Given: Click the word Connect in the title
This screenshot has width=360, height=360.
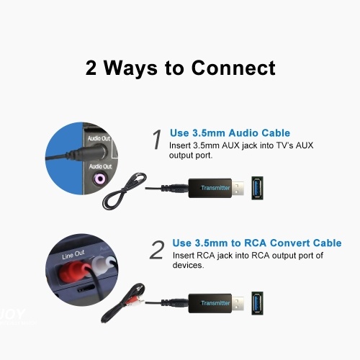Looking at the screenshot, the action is [233, 68].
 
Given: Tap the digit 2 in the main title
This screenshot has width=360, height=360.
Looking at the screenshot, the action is [91, 68].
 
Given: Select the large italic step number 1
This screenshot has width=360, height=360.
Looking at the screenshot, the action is [157, 139].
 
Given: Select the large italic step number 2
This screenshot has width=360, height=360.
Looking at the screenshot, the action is [157, 250].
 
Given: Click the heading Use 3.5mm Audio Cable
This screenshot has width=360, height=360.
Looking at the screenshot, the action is [230, 132].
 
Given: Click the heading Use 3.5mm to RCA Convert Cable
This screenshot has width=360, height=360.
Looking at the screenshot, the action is [257, 243].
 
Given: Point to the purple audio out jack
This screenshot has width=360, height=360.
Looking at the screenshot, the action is [99, 179].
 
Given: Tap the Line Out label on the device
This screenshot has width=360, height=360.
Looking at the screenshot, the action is [73, 255].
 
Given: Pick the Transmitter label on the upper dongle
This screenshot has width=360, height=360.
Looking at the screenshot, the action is [215, 188].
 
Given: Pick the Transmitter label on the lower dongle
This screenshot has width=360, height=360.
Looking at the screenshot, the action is [215, 303].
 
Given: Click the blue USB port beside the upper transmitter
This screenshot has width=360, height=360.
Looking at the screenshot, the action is [257, 188].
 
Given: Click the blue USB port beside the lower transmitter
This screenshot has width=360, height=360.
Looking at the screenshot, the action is [257, 303].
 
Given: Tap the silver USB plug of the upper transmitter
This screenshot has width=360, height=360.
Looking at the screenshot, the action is [238, 189].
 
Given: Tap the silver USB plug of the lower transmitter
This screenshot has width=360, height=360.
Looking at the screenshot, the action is [238, 304].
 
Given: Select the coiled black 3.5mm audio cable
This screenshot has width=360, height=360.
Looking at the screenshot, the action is [124, 191].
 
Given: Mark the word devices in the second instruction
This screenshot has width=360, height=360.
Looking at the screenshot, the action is [188, 265].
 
